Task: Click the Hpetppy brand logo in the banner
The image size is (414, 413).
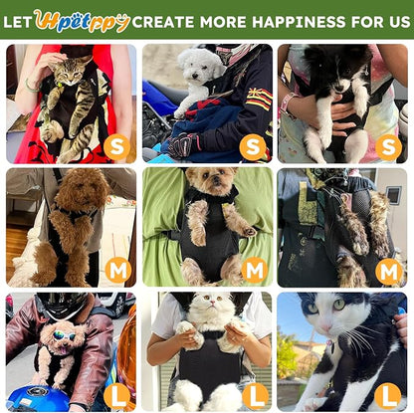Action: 82,21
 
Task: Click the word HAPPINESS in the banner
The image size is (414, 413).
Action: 299,22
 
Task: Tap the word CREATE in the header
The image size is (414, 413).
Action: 164,22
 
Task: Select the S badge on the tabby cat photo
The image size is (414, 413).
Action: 116,147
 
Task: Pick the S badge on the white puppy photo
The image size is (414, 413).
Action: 253,147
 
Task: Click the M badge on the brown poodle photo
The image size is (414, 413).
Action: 118,272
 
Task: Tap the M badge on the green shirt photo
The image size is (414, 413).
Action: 255,270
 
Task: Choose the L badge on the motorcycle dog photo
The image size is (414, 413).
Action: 116,396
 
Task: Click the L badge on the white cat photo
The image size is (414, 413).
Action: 255,396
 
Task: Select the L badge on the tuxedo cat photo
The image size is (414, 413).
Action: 388,396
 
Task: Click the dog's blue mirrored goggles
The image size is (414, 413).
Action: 64,335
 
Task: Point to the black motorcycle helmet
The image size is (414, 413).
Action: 61,306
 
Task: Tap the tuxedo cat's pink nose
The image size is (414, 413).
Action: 325,328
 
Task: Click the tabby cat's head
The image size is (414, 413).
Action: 69,71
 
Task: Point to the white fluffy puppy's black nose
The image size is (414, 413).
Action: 194,76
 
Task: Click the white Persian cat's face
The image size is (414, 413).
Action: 210,304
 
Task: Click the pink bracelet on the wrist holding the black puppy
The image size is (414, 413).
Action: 288,103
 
